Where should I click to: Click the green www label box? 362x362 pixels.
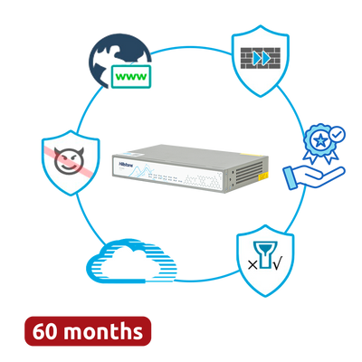(131, 76)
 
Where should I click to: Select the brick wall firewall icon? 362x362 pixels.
(261, 58)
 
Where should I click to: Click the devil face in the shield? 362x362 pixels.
(69, 160)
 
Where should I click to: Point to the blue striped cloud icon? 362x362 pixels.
(131, 261)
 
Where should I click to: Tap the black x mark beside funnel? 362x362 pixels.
(252, 265)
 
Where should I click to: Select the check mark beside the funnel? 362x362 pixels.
(277, 264)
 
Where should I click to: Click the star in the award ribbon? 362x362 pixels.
(319, 140)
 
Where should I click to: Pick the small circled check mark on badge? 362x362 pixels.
(338, 134)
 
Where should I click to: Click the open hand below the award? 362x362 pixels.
(314, 177)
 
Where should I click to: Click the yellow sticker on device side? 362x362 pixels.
(263, 176)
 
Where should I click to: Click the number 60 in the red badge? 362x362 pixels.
(45, 331)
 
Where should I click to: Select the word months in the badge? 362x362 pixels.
(103, 330)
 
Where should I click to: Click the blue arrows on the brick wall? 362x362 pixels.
(262, 58)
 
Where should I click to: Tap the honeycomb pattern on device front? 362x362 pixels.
(202, 180)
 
